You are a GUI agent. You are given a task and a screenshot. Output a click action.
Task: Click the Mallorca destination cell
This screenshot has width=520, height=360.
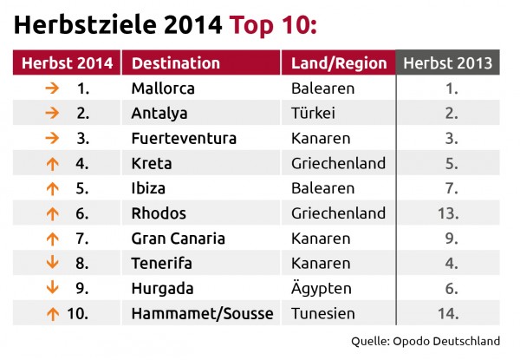click(x=163, y=88)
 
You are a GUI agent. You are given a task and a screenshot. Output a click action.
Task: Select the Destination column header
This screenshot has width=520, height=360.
click(x=176, y=62)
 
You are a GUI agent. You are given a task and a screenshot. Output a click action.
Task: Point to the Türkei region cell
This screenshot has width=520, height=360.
click(x=313, y=113)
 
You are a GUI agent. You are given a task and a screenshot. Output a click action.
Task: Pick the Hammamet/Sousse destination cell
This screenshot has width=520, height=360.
click(x=202, y=313)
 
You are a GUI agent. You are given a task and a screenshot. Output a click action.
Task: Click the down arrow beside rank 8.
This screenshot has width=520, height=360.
click(x=52, y=263)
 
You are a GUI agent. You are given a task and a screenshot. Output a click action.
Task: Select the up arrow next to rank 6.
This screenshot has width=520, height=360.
click(x=52, y=213)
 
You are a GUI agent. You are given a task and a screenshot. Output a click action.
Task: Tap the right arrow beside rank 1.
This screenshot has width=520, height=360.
click(x=52, y=88)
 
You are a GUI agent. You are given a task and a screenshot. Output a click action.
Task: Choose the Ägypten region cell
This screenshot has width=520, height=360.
click(x=322, y=288)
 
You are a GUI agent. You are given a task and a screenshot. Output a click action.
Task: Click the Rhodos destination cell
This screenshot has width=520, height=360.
click(x=159, y=213)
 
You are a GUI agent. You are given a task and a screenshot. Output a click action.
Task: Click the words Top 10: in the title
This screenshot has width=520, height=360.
click(x=273, y=25)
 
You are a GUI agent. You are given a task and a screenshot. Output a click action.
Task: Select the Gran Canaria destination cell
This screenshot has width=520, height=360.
click(x=179, y=238)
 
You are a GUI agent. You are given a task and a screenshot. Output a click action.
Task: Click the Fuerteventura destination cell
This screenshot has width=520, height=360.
click(x=184, y=138)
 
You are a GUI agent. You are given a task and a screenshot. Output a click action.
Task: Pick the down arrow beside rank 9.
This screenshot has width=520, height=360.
click(x=52, y=288)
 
